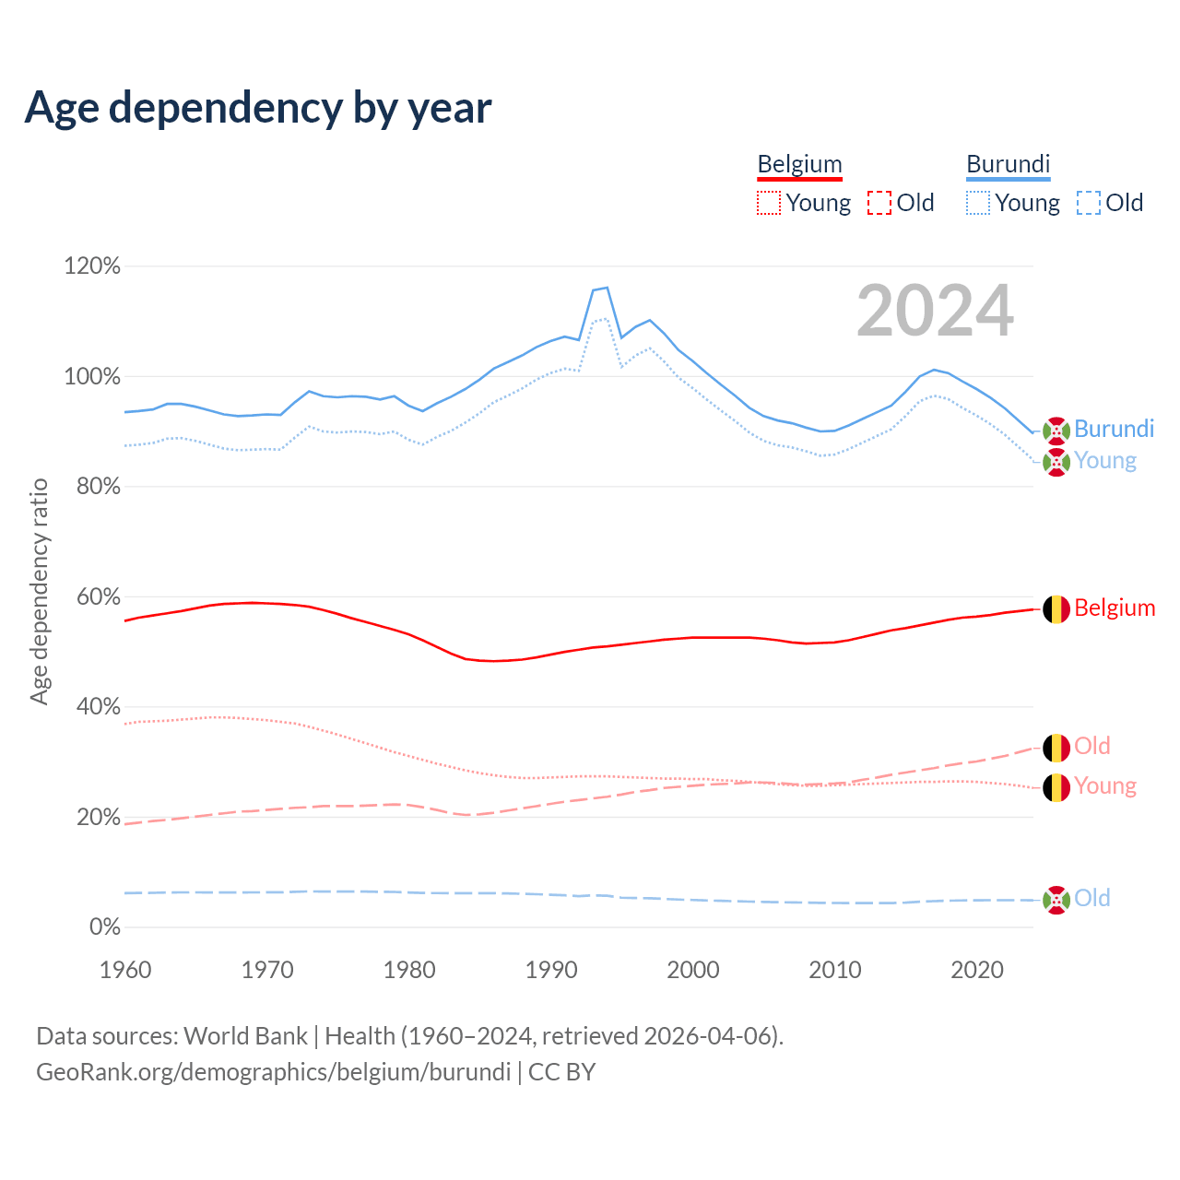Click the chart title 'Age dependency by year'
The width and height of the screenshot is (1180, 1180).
[258, 108]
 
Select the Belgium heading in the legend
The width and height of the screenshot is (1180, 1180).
[799, 164]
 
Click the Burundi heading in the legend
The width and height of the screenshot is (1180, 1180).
[1008, 164]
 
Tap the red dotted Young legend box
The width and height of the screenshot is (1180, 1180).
[768, 203]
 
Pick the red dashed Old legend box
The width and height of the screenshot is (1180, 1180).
[879, 203]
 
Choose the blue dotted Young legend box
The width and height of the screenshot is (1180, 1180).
[977, 203]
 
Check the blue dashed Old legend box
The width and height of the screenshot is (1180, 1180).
[1088, 203]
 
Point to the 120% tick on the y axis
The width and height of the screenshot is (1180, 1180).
[92, 266]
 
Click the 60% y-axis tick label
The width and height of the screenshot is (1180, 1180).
[98, 596]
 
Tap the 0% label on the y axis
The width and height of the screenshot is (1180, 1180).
[104, 927]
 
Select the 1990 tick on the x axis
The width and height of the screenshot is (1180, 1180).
[551, 970]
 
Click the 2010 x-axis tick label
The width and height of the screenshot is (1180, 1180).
[835, 970]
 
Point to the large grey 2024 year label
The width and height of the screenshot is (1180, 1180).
[935, 312]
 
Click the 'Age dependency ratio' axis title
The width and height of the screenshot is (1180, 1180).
[39, 591]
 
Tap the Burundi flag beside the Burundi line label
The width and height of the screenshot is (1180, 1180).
[1056, 430]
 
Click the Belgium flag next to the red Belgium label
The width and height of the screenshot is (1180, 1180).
[1056, 608]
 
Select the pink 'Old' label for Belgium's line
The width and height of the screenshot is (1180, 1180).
[1092, 746]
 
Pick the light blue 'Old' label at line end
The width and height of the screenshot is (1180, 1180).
[1092, 898]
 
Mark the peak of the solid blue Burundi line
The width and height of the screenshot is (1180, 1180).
[607, 288]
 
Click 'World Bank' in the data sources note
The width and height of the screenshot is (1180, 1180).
[245, 1036]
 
